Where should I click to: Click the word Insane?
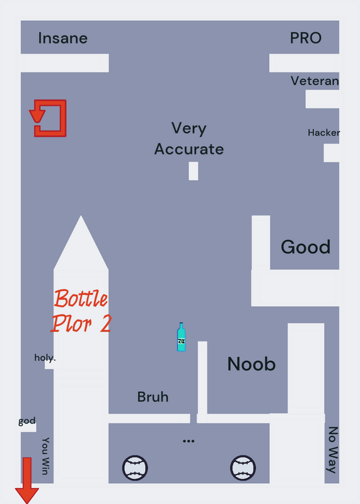(x=63, y=38)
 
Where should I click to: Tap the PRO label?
(x=306, y=38)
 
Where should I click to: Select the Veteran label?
(x=315, y=81)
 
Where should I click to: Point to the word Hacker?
(x=323, y=132)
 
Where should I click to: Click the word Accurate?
(x=189, y=149)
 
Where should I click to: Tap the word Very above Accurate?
(x=189, y=129)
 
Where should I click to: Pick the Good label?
(x=306, y=247)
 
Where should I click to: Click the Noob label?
(x=252, y=364)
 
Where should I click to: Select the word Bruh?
(x=153, y=397)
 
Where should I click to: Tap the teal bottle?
(x=181, y=337)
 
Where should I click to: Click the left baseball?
(x=135, y=468)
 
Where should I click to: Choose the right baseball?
(x=243, y=468)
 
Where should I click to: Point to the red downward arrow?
(x=27, y=480)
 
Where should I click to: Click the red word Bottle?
(x=81, y=298)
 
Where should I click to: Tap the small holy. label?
(x=45, y=358)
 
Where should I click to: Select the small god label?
(x=27, y=421)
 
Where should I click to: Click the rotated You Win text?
(x=45, y=455)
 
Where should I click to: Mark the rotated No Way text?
(x=333, y=450)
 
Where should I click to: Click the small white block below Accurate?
(x=194, y=171)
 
